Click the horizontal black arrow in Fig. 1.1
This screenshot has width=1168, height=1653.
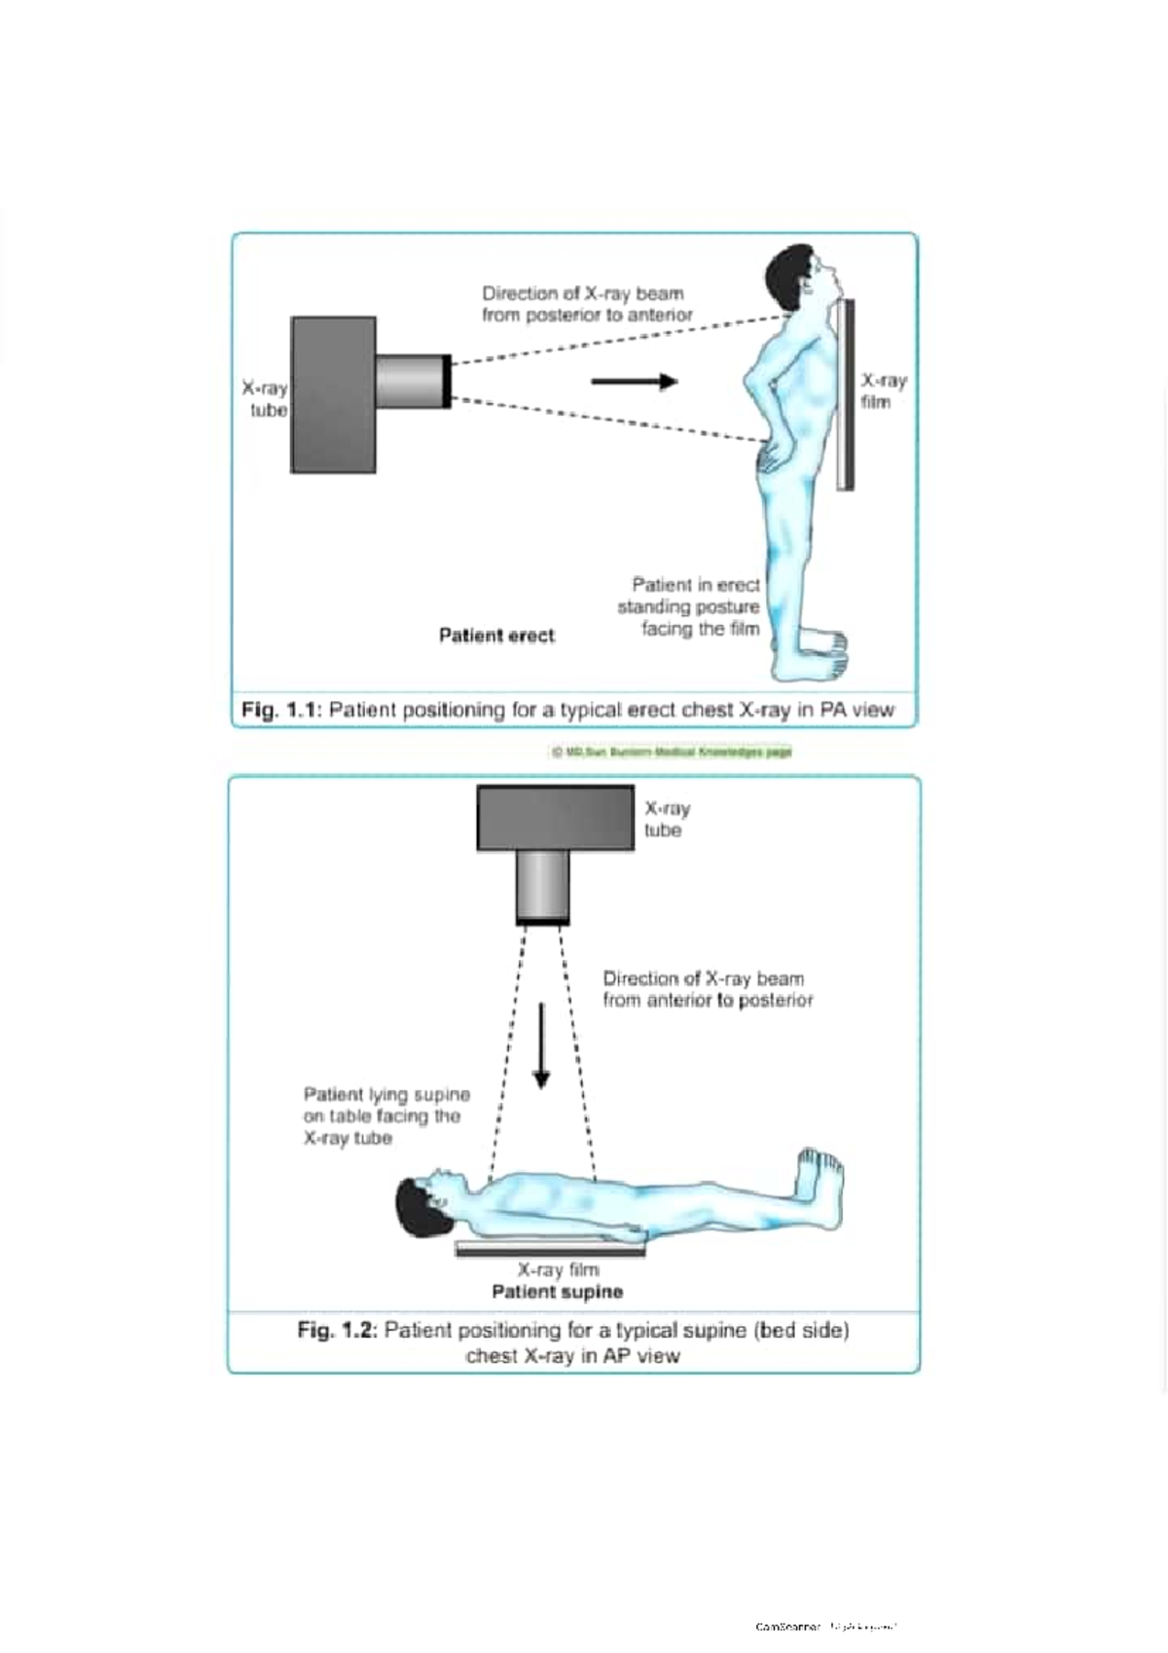tap(634, 382)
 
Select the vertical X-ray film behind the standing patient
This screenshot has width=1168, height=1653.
tap(845, 394)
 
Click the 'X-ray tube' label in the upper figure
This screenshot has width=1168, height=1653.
tap(266, 399)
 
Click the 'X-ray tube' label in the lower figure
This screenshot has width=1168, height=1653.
tap(667, 819)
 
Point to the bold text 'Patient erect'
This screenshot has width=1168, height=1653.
tap(496, 636)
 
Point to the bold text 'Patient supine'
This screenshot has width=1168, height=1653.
tap(557, 1292)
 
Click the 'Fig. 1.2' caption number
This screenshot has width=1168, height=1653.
tap(336, 1330)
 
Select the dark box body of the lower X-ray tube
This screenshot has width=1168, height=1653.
tap(555, 819)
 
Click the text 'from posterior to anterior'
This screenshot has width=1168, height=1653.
tap(587, 315)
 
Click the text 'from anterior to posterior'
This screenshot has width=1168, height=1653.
tap(708, 1001)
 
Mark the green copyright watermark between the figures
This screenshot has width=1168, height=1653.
tap(672, 752)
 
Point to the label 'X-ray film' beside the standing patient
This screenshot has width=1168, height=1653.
tap(883, 390)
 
